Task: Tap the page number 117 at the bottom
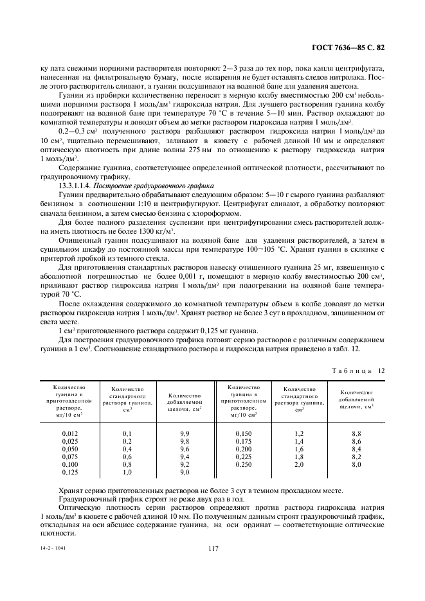pos(212,548)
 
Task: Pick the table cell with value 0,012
pos(69,433)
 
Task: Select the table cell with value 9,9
pos(185,433)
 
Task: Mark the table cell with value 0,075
pos(69,457)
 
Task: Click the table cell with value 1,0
pos(127,472)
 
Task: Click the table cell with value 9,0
pos(185,472)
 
